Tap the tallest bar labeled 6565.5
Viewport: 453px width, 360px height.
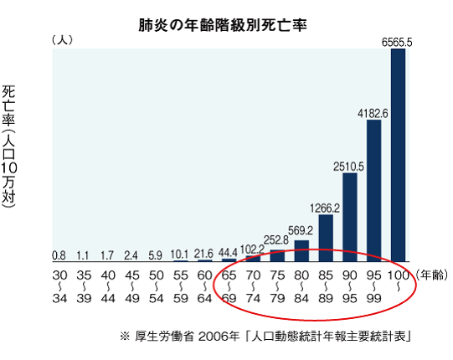click(399, 155)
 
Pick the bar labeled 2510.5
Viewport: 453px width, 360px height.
click(350, 217)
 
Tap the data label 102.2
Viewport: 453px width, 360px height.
click(252, 249)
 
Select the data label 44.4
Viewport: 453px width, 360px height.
click(229, 252)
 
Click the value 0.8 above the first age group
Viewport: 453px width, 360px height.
click(59, 255)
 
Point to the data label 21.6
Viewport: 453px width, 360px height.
click(204, 253)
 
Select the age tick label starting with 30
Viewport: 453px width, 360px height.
click(59, 288)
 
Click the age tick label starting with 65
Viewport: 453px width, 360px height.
click(229, 288)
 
